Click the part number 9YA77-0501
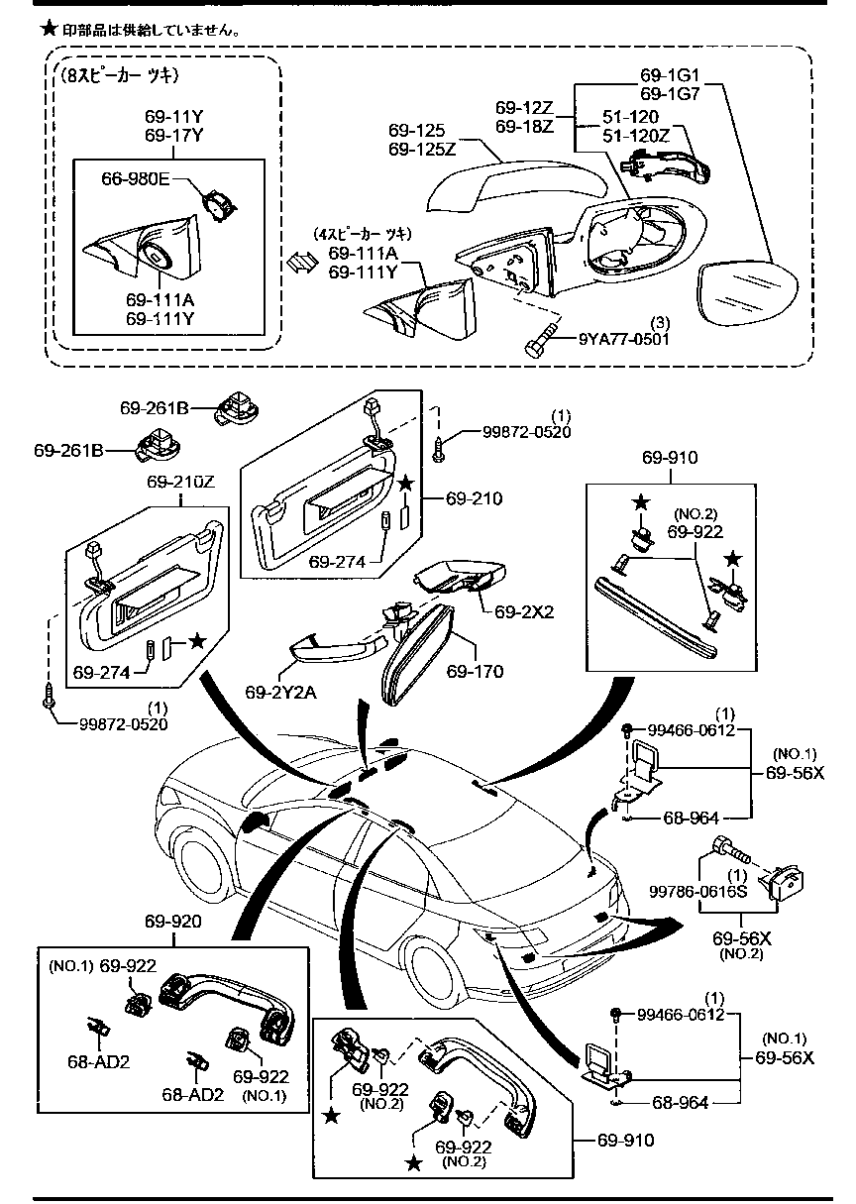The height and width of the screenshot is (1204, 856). click(624, 338)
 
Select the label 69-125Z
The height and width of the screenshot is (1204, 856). click(422, 149)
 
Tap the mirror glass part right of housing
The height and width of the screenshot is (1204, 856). click(750, 295)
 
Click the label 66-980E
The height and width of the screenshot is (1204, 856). click(136, 178)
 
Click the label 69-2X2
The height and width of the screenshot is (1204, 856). click(527, 611)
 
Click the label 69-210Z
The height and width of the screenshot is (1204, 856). click(181, 483)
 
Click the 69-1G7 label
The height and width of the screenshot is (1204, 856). click(669, 93)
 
